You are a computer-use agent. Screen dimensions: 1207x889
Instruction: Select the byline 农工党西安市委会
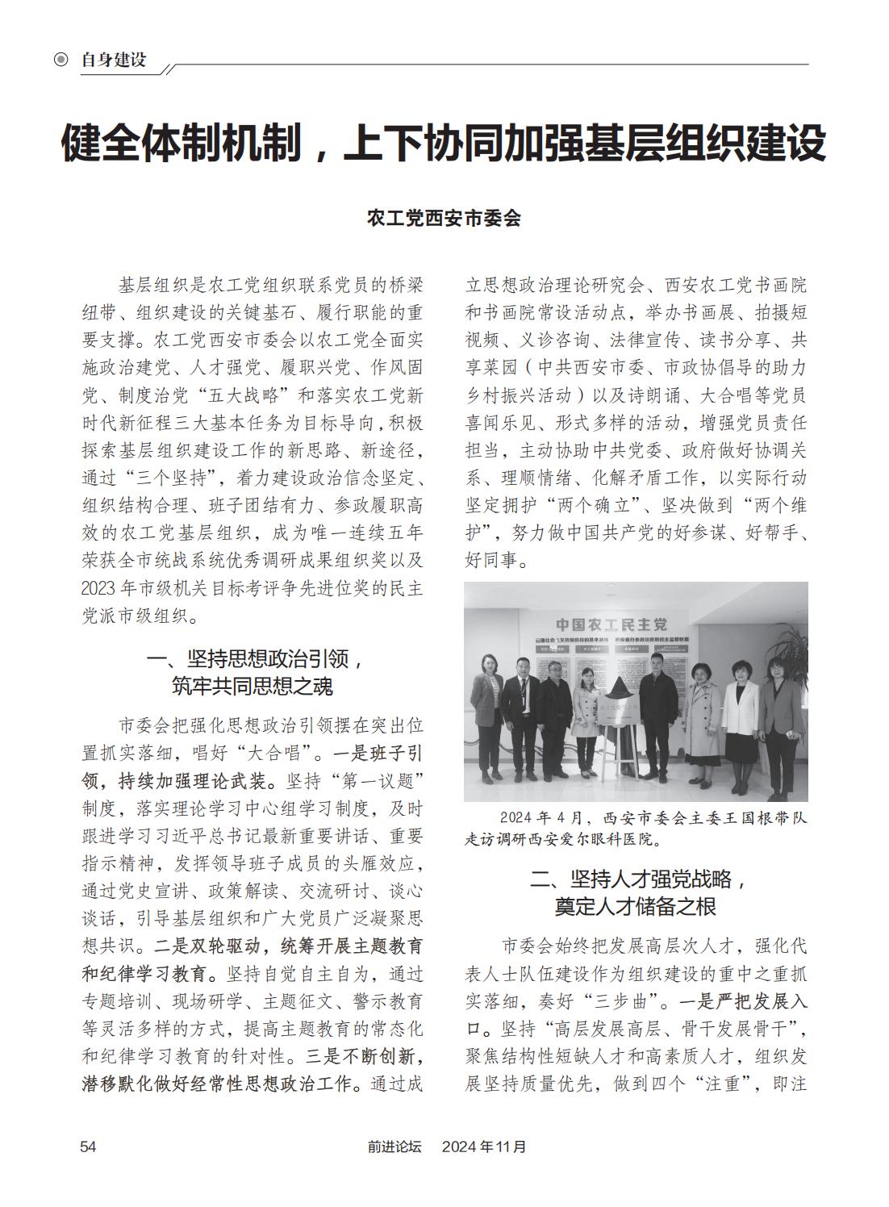pos(444,218)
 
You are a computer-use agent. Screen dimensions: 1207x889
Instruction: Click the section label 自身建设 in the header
pos(114,60)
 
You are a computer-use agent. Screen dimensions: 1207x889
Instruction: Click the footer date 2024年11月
pos(484,1146)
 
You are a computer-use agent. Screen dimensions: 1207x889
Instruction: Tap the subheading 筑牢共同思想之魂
pos(253,686)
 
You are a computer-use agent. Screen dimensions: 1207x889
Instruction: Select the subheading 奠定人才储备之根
pos(635,906)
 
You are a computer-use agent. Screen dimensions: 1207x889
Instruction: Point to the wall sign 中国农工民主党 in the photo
pos(612,624)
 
